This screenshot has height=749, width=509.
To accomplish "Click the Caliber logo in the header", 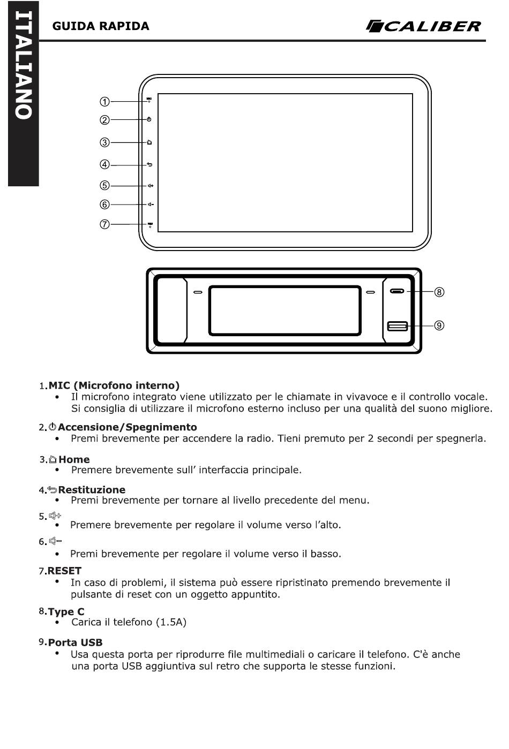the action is tap(424, 26).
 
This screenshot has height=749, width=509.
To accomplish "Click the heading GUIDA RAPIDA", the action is tap(101, 26).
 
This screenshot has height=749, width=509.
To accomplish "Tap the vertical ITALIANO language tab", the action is tap(24, 94).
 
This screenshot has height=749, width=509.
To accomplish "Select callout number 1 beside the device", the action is tap(104, 102).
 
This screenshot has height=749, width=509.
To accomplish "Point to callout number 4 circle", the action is tap(104, 164).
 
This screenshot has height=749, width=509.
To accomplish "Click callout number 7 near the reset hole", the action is tap(104, 224).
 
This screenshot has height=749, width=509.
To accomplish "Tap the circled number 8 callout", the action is tap(439, 292).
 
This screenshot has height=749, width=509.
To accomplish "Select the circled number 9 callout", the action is tap(439, 326).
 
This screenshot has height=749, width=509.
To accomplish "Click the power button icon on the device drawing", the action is tap(149, 119).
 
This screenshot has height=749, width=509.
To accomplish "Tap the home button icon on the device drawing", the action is tap(149, 142).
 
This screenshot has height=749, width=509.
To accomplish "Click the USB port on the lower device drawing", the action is tap(397, 326).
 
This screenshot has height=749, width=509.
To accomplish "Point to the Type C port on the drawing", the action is tap(397, 291).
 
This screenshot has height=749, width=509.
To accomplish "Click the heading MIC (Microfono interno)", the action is tap(114, 385).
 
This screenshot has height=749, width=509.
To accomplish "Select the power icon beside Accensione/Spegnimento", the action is tap(53, 427).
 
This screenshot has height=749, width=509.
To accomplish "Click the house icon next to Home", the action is tap(53, 459).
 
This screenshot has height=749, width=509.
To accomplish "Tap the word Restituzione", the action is tap(92, 490).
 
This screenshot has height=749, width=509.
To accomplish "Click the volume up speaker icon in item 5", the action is tap(55, 516).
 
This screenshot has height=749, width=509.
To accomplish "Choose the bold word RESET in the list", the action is tap(65, 571).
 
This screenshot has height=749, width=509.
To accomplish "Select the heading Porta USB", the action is tap(76, 642).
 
